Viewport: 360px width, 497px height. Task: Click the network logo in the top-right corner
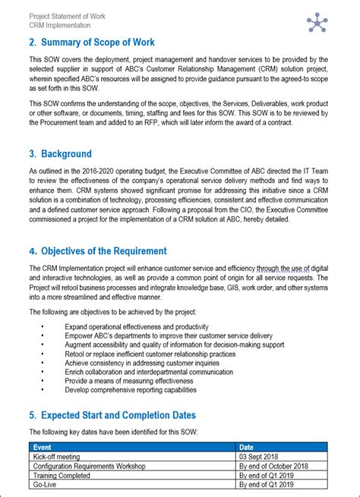pos(316,22)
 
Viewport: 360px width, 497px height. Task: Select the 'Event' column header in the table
pos(43,448)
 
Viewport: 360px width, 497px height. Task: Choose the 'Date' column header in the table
pos(247,448)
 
